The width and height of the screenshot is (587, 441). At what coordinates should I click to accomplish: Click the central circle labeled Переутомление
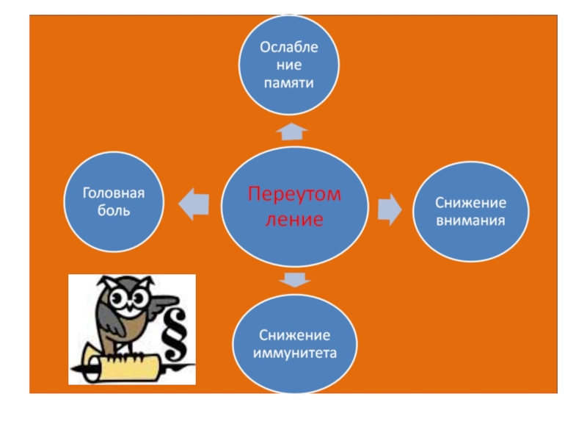coord(294,207)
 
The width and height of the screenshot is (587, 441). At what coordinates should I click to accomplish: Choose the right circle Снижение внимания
coord(470,211)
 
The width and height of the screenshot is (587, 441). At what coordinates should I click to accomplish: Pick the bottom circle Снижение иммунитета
coord(295,343)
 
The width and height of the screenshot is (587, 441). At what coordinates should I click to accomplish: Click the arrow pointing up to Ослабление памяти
coord(292,132)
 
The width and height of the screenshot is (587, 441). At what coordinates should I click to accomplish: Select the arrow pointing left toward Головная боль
coord(194,203)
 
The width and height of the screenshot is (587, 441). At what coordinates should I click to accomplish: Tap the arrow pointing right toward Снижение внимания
coord(390,209)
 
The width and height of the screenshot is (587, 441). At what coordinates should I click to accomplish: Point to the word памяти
coord(289,83)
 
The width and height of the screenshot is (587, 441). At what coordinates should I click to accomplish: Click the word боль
coord(114,211)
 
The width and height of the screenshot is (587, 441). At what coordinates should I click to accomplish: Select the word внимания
coord(470,220)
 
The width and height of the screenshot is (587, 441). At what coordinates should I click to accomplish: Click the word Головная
coord(114,193)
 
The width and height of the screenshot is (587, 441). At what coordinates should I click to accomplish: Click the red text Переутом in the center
coord(294,196)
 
